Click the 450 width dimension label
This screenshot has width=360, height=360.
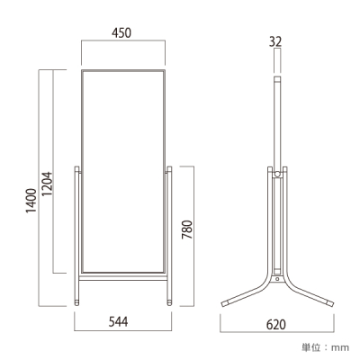point(121,32)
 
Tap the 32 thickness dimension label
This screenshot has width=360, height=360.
point(275,41)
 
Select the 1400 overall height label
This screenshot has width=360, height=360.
point(31,201)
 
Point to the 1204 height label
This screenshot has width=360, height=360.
point(47,184)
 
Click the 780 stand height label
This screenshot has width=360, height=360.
point(187,229)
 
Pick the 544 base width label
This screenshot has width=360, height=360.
point(118,322)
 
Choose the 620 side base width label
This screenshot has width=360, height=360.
point(276,324)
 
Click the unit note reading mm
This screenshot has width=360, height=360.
point(340,348)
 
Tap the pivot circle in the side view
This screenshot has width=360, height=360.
point(277,174)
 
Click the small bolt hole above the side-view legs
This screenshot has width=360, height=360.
point(277,279)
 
